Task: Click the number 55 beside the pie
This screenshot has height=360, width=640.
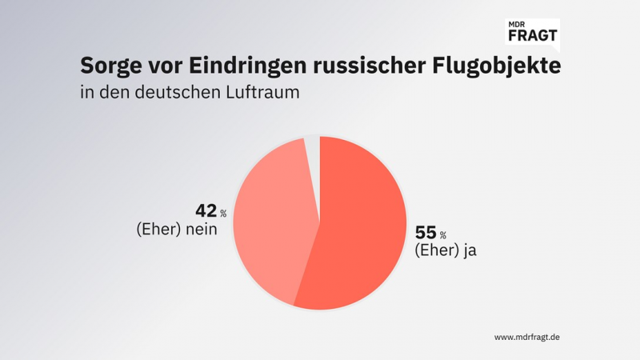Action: (426, 233)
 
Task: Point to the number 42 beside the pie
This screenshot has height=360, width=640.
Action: (206, 211)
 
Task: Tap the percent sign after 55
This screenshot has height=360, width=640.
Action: (442, 235)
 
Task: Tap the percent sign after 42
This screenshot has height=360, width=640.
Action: (223, 214)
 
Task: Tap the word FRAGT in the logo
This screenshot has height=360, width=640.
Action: (532, 36)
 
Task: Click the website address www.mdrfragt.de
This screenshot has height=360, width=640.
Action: (527, 337)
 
